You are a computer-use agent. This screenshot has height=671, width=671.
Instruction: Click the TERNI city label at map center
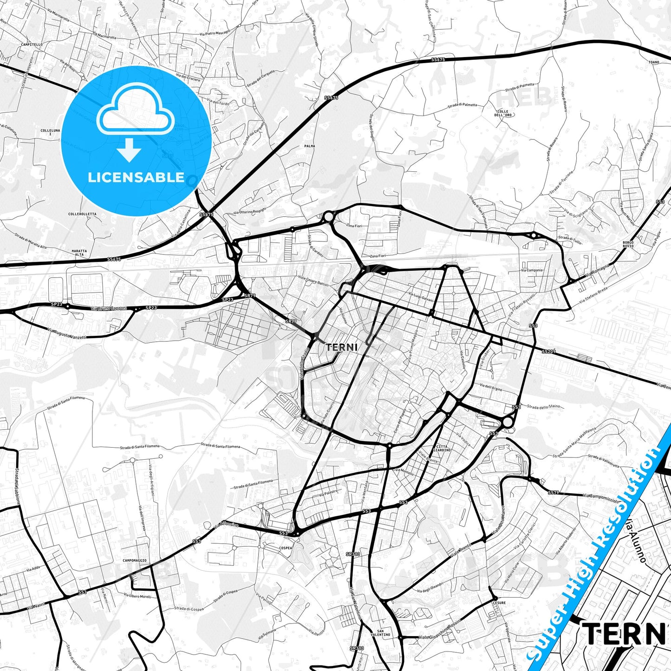coord(341,347)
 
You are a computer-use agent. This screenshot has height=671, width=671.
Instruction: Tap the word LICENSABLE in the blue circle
coord(136,177)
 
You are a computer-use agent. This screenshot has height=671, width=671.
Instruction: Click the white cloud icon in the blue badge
coord(136,113)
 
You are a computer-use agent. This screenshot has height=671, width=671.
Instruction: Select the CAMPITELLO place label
coord(32,45)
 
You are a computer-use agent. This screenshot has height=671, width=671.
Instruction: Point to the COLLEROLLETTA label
coord(82,214)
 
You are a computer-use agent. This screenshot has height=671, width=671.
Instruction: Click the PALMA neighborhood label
coord(310,146)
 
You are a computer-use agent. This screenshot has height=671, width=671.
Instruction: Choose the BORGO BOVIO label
coord(628,244)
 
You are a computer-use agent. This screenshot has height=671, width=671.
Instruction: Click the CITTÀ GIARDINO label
coord(442,448)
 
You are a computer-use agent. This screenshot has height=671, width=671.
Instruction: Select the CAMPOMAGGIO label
coord(135,560)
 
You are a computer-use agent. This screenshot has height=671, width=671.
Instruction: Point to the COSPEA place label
coord(286,548)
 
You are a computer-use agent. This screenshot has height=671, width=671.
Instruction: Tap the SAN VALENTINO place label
coord(384,633)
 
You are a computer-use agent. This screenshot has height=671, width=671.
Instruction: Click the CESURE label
coord(499,603)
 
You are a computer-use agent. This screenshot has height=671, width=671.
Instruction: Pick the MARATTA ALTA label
coord(79,253)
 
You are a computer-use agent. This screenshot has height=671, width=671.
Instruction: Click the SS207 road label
coord(548,352)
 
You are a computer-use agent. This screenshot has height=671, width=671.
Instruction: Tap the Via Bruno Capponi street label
coord(109,308)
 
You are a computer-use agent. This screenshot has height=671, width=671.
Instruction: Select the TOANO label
coord(654,62)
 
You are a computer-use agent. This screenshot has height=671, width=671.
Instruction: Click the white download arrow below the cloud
coord(129,150)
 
